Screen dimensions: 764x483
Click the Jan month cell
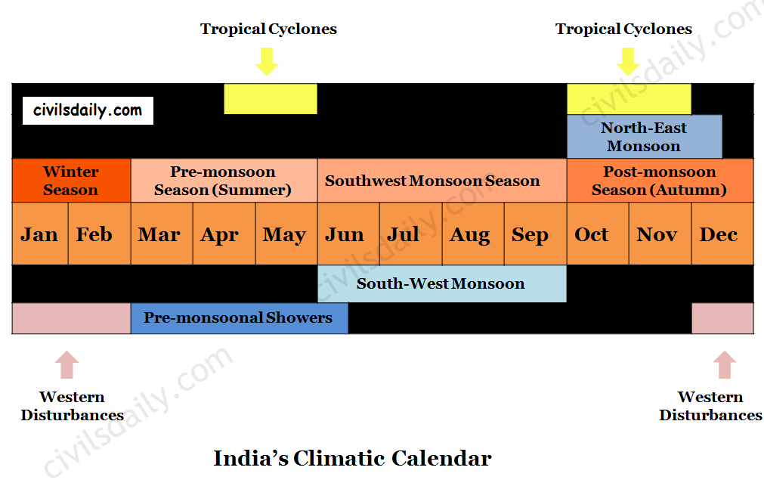pyautogui.click(x=40, y=234)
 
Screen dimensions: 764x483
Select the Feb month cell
pyautogui.click(x=100, y=234)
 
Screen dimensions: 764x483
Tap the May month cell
pyautogui.click(x=286, y=234)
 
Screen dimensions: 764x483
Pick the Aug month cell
pyautogui.click(x=473, y=234)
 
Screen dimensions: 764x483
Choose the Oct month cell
pyautogui.click(x=598, y=234)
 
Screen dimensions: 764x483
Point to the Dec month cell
pyautogui.click(x=722, y=234)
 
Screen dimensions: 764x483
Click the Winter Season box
pyautogui.click(x=71, y=181)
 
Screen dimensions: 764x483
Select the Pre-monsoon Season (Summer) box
pyautogui.click(x=224, y=181)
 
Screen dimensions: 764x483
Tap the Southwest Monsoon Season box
pyautogui.click(x=442, y=181)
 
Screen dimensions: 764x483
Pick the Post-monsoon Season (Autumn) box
pyautogui.click(x=660, y=181)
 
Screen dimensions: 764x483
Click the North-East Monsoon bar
pyautogui.click(x=644, y=137)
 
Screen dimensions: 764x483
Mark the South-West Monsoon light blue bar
pyautogui.click(x=442, y=283)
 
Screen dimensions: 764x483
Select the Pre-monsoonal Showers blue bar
pyautogui.click(x=240, y=318)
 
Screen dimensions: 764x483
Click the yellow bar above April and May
pyautogui.click(x=271, y=99)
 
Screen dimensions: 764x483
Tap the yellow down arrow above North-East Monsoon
pyautogui.click(x=628, y=61)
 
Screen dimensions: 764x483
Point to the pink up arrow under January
pyautogui.click(x=67, y=364)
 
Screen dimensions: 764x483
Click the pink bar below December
pyautogui.click(x=722, y=318)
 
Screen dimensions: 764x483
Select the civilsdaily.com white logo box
pyautogui.click(x=88, y=110)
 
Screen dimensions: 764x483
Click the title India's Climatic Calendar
pyautogui.click(x=352, y=458)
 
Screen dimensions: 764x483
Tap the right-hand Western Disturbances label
pyautogui.click(x=710, y=405)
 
